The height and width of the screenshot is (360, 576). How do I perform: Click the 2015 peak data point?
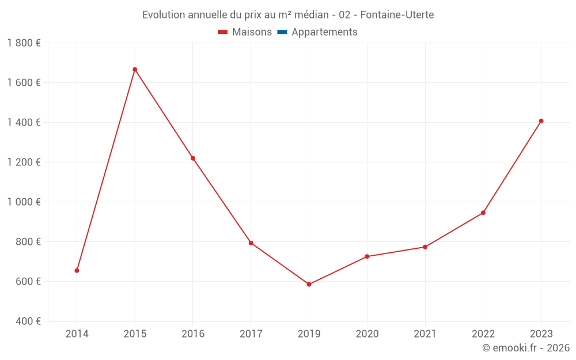[135, 70]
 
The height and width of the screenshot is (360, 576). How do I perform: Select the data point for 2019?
[309, 285]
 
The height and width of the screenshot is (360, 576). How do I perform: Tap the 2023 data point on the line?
[541, 121]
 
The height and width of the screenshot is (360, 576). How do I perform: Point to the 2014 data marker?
[77, 271]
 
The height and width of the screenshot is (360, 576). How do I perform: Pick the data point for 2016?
[193, 158]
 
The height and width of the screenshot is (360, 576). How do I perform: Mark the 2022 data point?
[483, 213]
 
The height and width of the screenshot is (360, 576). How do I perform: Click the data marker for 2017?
[251, 243]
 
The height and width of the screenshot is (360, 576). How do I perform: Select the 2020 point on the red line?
[367, 257]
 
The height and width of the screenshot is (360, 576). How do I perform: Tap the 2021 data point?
[425, 247]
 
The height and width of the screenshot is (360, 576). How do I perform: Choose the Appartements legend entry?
[324, 32]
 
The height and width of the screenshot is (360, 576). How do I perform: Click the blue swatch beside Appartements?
[282, 32]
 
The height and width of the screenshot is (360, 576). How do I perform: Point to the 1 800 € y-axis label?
[24, 43]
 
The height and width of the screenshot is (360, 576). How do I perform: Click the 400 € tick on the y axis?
[28, 321]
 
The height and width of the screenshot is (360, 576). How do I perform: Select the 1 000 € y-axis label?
[24, 202]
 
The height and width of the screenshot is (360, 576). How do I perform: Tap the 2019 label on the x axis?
[309, 334]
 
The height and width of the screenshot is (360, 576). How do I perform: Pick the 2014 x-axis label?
[77, 334]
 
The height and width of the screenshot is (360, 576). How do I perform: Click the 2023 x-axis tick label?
[541, 334]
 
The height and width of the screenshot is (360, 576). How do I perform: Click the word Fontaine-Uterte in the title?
[397, 14]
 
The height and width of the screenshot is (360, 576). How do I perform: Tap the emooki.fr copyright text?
[526, 348]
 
